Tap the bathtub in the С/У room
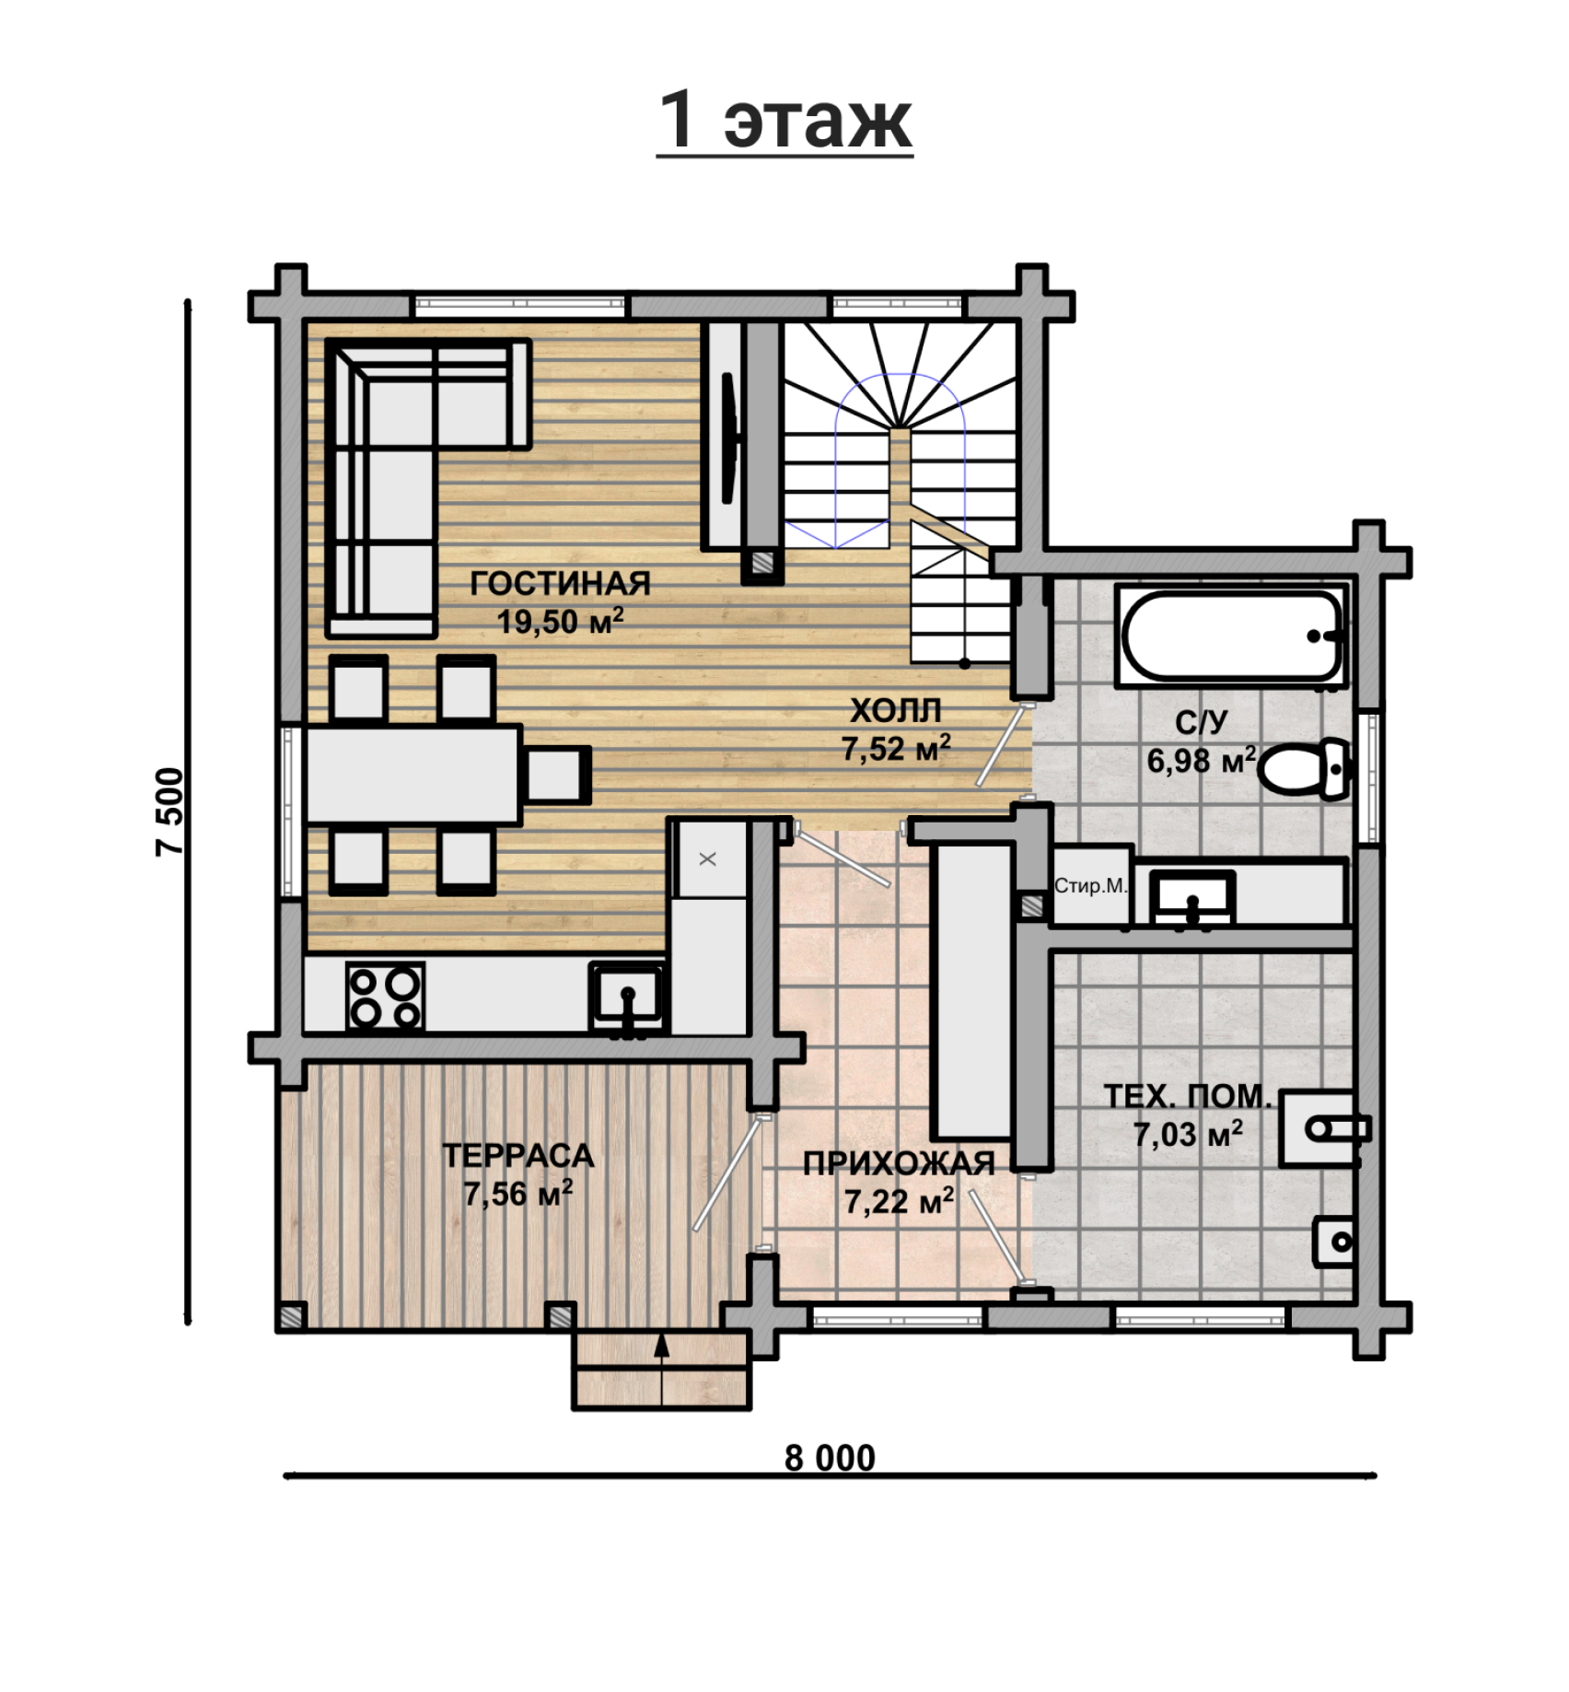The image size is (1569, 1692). (x=1231, y=636)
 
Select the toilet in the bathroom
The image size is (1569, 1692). (x=1305, y=768)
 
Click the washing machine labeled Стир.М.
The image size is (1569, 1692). (x=1092, y=885)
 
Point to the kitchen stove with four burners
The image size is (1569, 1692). (x=385, y=997)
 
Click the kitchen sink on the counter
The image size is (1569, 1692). (x=627, y=997)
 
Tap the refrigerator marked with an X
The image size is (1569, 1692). (x=708, y=859)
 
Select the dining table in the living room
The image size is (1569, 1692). (x=413, y=775)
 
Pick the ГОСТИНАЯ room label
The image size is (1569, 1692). (x=560, y=584)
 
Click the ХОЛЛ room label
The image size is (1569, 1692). (x=895, y=711)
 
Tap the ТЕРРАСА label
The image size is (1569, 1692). (x=517, y=1156)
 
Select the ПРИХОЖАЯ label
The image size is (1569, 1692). (x=899, y=1164)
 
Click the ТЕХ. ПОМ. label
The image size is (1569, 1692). (x=1188, y=1096)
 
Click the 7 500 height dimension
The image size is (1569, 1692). (x=170, y=811)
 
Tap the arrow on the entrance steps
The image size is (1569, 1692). (x=661, y=1369)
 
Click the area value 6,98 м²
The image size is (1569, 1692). (x=1201, y=761)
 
